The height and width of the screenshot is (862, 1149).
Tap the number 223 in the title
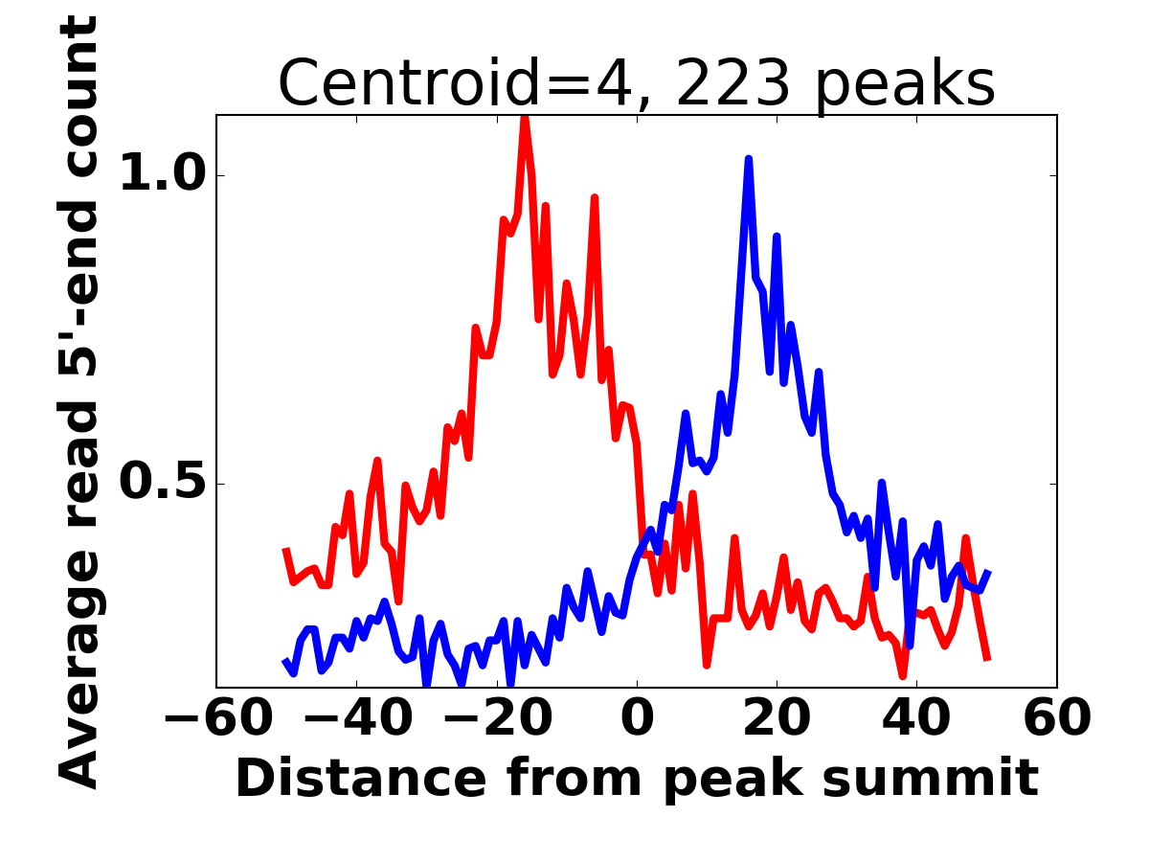[x=733, y=84]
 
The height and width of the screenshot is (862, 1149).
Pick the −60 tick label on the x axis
[x=216, y=718]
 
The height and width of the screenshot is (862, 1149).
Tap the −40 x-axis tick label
[x=356, y=718]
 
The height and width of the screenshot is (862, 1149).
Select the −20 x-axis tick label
[x=496, y=718]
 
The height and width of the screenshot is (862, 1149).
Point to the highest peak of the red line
[x=525, y=117]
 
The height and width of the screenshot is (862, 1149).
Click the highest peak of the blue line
[x=749, y=159]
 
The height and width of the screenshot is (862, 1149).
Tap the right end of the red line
[x=987, y=660]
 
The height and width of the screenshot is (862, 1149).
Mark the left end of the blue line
[x=284, y=660]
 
